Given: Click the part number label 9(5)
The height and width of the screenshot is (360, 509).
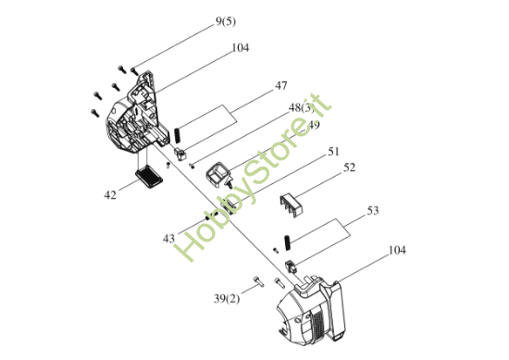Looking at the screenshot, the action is (226, 22).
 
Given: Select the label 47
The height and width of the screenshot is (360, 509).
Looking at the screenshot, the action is (281, 86).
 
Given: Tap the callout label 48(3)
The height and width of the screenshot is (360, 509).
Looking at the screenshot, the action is (302, 107).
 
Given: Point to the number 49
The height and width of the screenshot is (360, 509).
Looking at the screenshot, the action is (313, 125).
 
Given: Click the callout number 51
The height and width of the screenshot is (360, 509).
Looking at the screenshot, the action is (333, 152).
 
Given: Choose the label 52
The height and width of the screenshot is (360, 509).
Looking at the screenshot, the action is (349, 168).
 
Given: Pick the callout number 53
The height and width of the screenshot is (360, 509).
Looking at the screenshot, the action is (373, 211).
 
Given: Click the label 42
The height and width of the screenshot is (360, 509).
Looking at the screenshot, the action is (110, 195).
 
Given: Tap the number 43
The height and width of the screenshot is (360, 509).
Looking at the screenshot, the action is (168, 239).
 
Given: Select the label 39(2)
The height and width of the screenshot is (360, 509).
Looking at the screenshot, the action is (227, 299).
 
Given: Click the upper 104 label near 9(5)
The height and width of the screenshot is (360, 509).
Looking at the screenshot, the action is (241, 48).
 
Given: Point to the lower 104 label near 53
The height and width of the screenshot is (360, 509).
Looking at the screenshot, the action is (397, 250).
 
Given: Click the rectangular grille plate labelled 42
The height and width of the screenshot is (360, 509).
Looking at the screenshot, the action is (149, 176).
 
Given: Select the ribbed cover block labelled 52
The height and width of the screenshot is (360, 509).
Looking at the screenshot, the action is (292, 205).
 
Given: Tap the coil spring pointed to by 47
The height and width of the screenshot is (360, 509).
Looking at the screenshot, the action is (178, 136).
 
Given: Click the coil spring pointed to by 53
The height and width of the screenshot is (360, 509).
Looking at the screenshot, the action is (287, 242).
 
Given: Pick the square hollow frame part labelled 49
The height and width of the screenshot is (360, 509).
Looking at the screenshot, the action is (217, 175).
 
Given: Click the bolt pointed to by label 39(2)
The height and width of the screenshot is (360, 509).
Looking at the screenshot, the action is (258, 281).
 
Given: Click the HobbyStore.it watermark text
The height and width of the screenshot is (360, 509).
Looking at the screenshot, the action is (253, 177).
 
